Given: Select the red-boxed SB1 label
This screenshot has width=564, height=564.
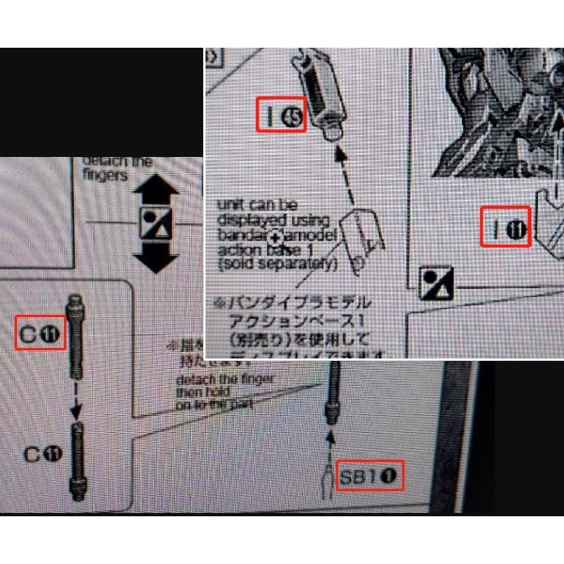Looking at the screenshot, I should point(369,475).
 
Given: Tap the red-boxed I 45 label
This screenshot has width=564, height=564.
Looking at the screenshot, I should point(282,115).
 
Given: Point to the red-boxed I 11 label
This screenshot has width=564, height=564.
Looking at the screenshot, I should point(506,227).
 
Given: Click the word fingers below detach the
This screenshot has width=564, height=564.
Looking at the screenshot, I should point(105,176).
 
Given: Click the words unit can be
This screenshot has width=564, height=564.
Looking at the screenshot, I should point(257,205).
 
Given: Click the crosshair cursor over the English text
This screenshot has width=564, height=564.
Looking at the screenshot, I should point(278,236).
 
